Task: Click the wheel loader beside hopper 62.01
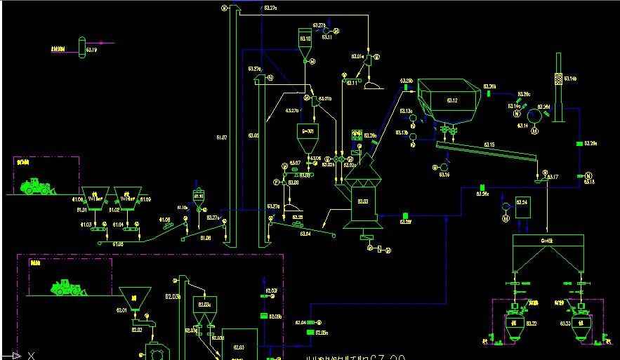[x=67, y=288]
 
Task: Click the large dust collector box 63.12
[x=449, y=100]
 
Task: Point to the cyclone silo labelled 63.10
[x=305, y=42]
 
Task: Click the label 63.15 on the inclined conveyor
[x=489, y=145]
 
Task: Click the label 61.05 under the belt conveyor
[x=118, y=244]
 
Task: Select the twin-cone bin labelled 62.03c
[x=205, y=307]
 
